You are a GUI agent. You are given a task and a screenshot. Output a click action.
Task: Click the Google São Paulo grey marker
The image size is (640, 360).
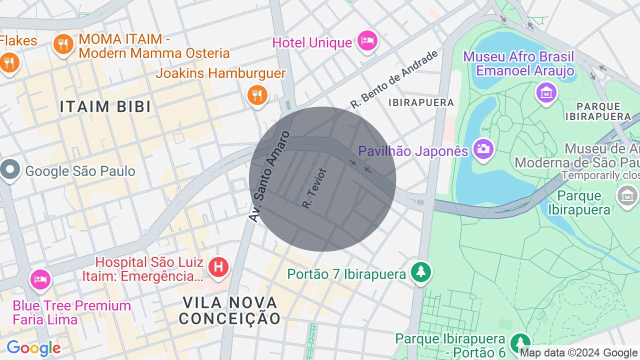click(9, 170)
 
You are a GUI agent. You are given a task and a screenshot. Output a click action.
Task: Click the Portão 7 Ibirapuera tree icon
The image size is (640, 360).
click(421, 272)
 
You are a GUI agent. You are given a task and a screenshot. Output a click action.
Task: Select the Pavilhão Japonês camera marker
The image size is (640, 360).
click(483, 149)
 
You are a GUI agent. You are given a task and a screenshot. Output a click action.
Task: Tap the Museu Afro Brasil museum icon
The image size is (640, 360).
click(546, 92)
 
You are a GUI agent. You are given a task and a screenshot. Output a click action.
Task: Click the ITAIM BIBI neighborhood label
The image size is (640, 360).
click(105, 106)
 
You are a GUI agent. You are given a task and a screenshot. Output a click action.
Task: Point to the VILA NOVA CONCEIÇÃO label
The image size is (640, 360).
click(230, 310)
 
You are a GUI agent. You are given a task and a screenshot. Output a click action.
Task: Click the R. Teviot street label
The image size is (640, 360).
click(314, 188)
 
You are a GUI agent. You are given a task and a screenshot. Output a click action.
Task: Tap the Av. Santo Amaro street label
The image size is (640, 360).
click(269, 176)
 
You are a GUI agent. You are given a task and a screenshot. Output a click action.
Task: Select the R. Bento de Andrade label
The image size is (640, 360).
click(394, 79)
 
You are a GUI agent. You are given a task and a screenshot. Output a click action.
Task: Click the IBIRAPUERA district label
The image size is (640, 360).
click(421, 102)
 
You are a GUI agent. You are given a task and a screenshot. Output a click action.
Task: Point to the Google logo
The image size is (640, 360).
click(33, 348)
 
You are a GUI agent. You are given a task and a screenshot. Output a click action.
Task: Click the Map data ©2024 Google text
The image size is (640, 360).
click(578, 353)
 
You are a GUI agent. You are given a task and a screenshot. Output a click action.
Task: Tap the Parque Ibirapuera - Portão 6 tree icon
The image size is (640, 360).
click(520, 343)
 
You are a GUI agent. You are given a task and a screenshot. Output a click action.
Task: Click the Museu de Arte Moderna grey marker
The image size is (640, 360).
click(627, 195)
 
